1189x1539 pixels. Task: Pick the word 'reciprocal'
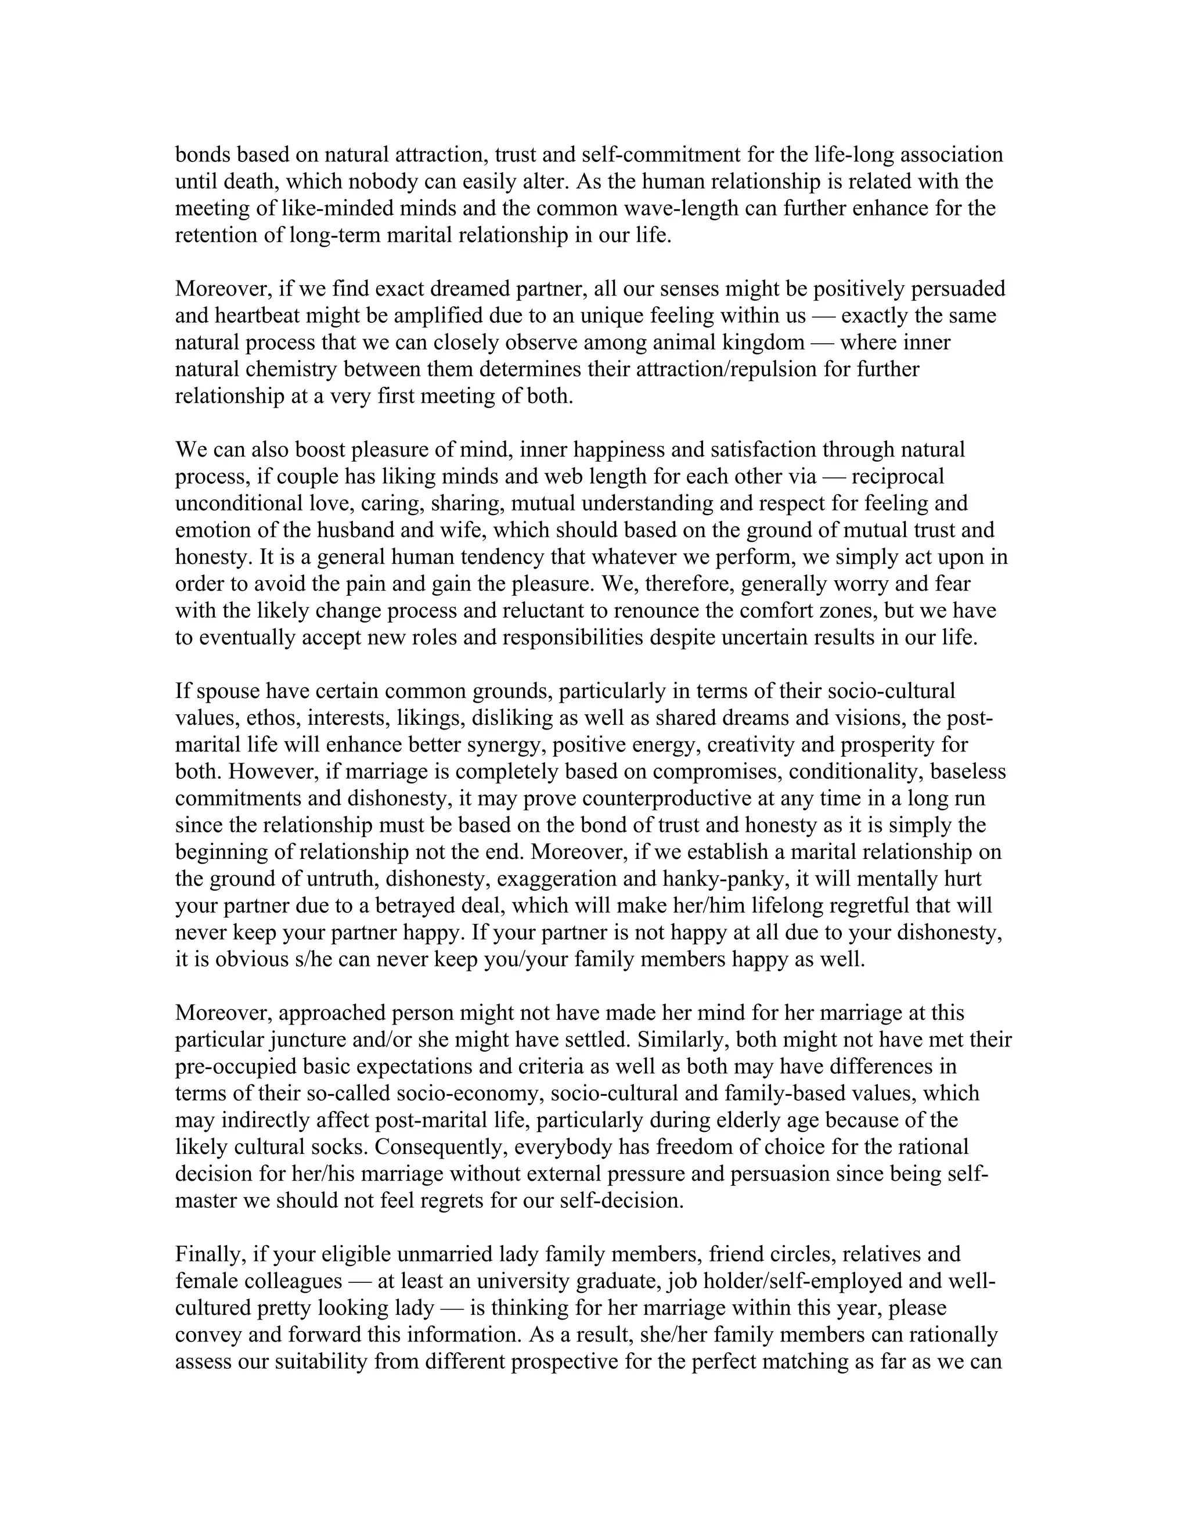point(898,477)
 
